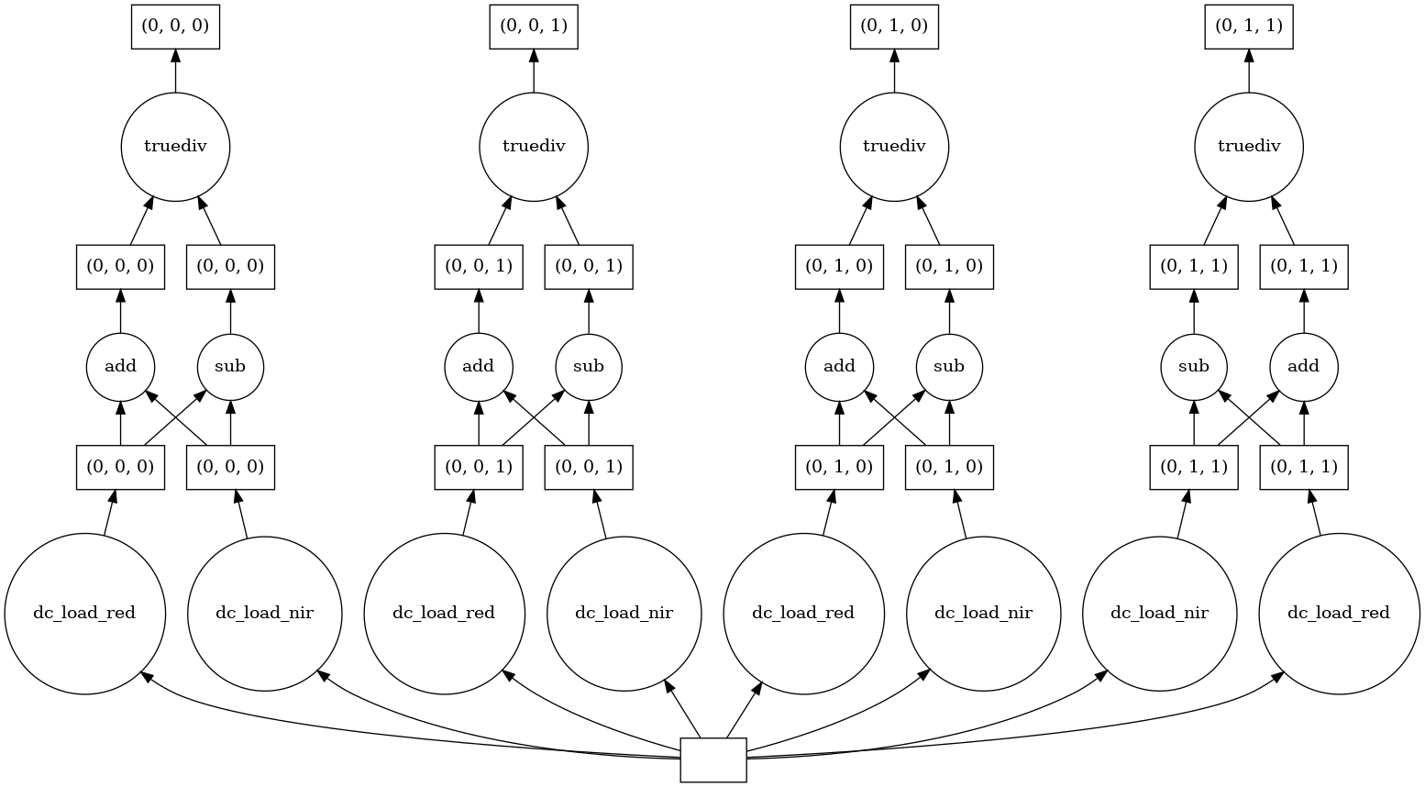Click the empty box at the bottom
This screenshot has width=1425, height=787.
(713, 759)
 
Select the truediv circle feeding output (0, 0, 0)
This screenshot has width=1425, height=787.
(175, 146)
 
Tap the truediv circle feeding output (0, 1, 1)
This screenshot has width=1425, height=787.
(1248, 146)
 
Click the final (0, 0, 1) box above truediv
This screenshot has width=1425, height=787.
(534, 26)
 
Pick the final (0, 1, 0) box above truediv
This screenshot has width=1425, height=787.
(894, 26)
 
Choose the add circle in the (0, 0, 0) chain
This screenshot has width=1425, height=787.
(120, 367)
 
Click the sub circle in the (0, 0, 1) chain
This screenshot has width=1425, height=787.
(589, 367)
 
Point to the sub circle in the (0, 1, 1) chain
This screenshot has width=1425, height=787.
(1194, 367)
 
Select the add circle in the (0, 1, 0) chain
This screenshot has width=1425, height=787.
(839, 367)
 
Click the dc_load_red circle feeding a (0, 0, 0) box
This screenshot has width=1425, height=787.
(84, 614)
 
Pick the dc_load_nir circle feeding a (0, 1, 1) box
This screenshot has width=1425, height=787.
(1159, 614)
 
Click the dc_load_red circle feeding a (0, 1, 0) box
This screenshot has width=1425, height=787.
(803, 614)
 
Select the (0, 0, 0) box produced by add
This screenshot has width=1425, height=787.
(120, 267)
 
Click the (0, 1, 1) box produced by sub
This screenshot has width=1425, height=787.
(1194, 267)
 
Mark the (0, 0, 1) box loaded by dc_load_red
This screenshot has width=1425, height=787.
(479, 467)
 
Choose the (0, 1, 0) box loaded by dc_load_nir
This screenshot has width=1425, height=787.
(949, 467)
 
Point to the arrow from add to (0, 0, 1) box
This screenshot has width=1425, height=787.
(479, 311)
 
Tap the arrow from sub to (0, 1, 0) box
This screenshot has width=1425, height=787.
(949, 311)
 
